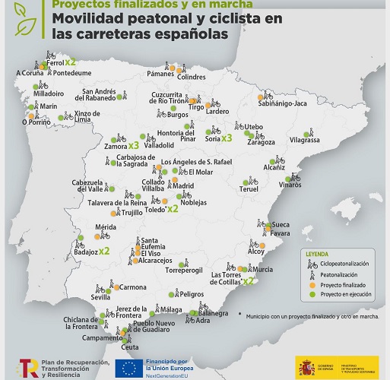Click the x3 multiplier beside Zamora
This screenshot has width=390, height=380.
click(x=133, y=144)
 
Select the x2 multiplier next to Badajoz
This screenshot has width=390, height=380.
click(x=104, y=249)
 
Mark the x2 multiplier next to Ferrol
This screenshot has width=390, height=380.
click(x=71, y=62)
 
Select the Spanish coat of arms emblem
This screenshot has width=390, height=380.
click(x=307, y=367)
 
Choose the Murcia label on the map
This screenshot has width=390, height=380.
click(x=263, y=270)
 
